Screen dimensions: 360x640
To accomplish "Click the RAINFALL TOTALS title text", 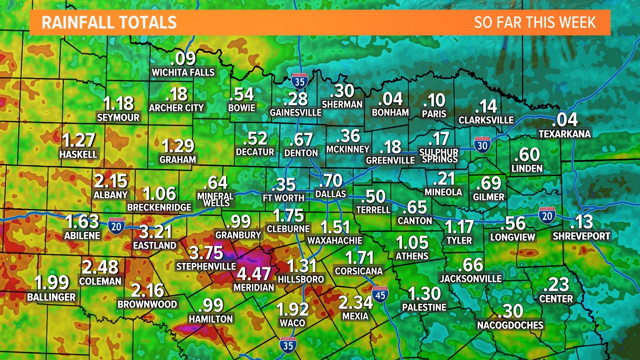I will [x=109, y=23].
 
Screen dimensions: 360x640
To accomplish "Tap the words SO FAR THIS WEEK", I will [x=535, y=23].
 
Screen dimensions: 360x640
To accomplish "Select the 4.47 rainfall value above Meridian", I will [x=254, y=274].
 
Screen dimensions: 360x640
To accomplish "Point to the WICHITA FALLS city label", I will [x=183, y=72].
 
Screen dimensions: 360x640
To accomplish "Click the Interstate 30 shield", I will [x=482, y=145].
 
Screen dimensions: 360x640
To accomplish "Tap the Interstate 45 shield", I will [x=380, y=295].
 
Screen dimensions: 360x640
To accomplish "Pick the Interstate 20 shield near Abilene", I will [x=116, y=226].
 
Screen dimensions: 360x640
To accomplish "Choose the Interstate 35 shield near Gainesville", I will [x=299, y=81].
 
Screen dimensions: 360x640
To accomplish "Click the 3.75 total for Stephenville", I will [x=206, y=253].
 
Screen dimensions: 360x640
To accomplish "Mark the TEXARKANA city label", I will [x=565, y=134].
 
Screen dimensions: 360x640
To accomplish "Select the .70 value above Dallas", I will [x=331, y=181].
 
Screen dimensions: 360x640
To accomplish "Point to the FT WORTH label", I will [x=283, y=198].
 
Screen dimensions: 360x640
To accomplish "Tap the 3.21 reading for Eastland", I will [x=155, y=232].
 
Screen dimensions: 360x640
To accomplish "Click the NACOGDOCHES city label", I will [x=510, y=325].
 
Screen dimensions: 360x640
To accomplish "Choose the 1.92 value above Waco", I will [x=293, y=309].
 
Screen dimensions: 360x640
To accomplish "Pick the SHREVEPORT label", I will [x=581, y=236].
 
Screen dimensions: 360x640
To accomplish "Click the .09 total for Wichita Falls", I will [x=183, y=59].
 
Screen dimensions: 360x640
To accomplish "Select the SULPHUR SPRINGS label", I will [x=439, y=156].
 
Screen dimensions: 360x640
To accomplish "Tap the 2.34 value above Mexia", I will [x=355, y=303].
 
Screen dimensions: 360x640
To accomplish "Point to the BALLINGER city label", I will [x=52, y=297].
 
